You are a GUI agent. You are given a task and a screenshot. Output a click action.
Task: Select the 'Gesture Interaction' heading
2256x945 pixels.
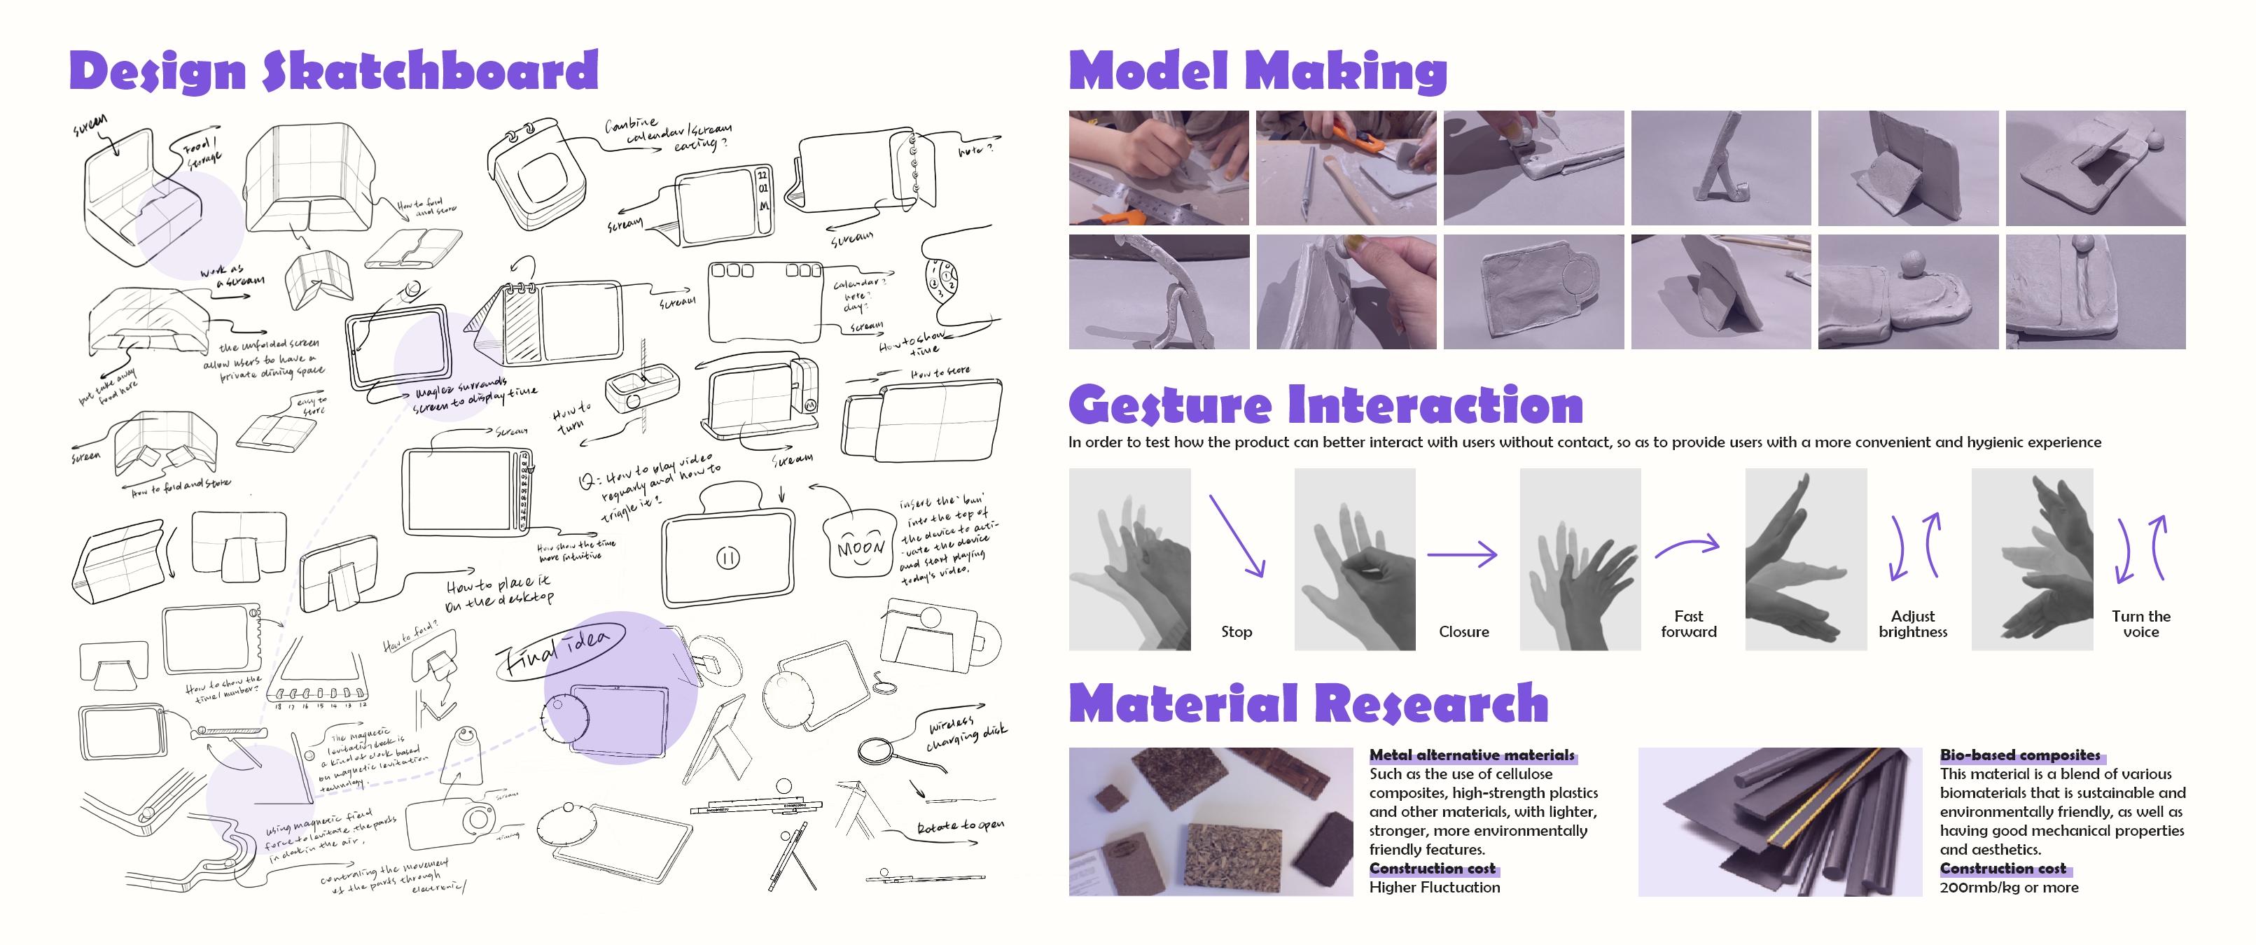[1325, 405]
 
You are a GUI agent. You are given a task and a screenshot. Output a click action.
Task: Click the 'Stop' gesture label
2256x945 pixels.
[1236, 631]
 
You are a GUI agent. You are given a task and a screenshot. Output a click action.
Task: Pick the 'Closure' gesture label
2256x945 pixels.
[1463, 631]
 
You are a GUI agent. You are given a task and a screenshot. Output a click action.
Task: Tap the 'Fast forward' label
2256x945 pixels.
[1688, 624]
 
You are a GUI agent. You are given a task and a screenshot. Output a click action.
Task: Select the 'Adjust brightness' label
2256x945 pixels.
[1913, 624]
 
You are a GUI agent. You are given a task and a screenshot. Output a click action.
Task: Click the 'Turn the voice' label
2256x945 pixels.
[2140, 624]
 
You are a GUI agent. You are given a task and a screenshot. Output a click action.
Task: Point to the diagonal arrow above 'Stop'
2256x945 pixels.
[1237, 535]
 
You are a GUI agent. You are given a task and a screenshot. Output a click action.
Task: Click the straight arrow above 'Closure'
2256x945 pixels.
[1462, 554]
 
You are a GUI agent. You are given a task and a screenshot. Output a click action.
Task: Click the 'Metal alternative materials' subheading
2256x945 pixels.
[1471, 755]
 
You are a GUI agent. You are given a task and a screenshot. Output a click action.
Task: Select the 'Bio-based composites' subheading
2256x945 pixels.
[2019, 755]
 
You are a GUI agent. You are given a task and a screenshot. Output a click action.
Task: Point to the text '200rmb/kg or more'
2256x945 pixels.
[2008, 887]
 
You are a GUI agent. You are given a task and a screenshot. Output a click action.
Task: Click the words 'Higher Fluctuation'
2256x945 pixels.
[1435, 887]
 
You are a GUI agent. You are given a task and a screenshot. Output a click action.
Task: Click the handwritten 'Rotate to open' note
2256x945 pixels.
[960, 827]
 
